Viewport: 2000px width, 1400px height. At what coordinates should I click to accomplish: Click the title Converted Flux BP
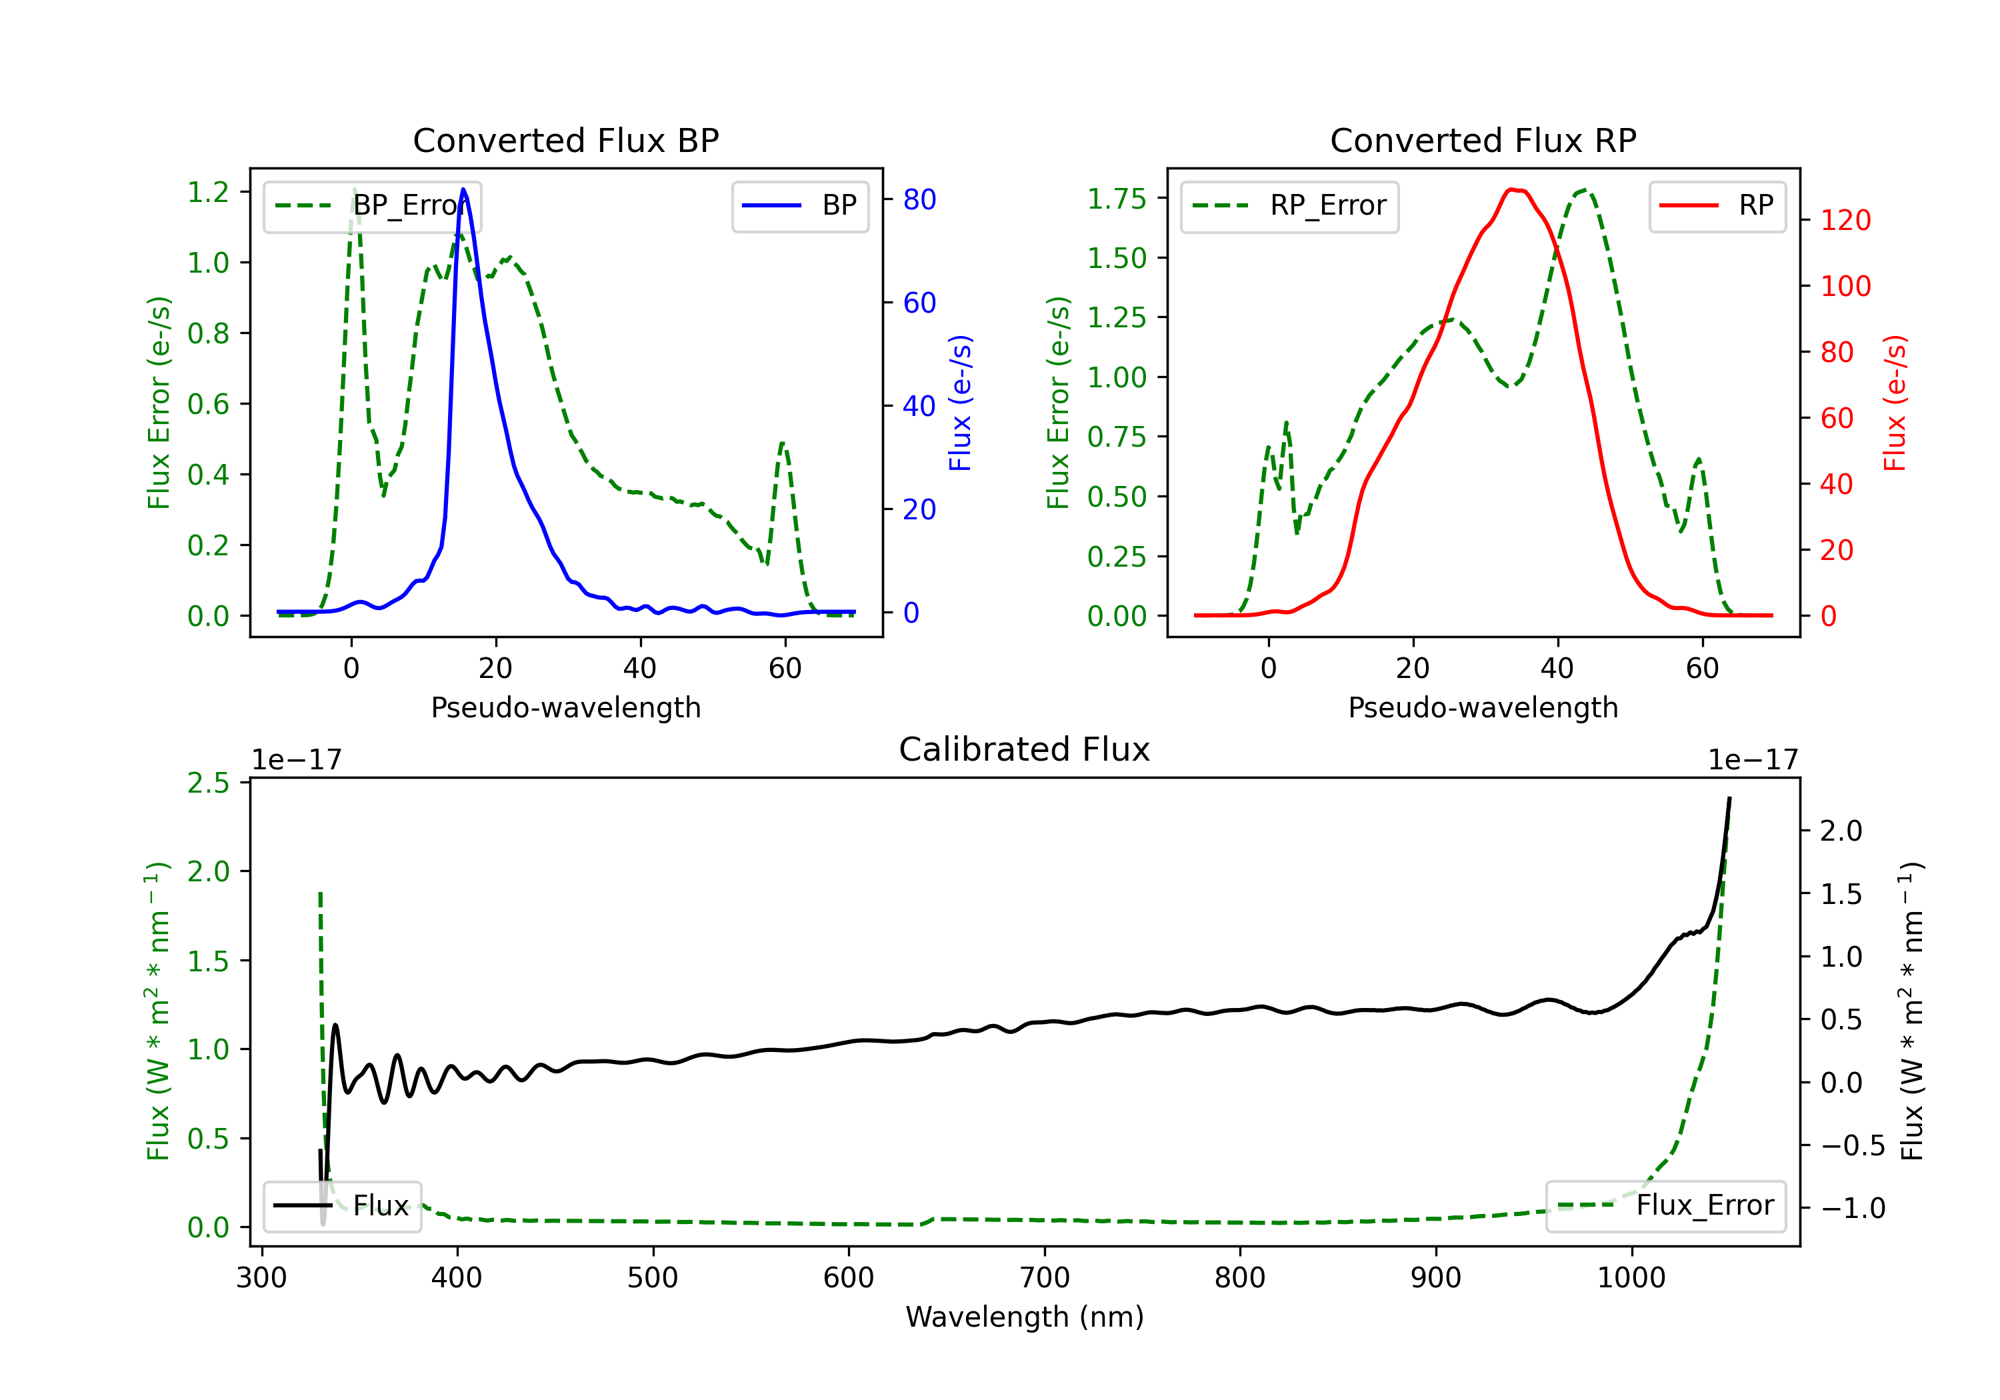coord(566,140)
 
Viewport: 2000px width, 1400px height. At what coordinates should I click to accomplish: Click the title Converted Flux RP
coord(1483,140)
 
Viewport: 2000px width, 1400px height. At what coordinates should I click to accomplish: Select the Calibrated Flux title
coord(1025,749)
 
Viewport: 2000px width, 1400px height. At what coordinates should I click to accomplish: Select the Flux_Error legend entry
coord(1665,1207)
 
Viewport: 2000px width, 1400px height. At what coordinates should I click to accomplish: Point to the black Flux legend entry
coord(343,1207)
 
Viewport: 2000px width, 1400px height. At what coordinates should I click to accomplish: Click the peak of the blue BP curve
coord(463,189)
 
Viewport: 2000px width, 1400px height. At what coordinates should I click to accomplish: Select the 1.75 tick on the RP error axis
coord(1117,199)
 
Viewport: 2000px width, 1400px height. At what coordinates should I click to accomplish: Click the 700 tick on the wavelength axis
coord(1045,1278)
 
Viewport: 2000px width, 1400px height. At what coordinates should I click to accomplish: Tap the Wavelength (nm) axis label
coord(1025,1317)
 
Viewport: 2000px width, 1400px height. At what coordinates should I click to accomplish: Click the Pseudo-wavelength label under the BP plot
coord(566,708)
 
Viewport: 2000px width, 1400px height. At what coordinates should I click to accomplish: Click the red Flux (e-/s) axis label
coord(1895,403)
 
